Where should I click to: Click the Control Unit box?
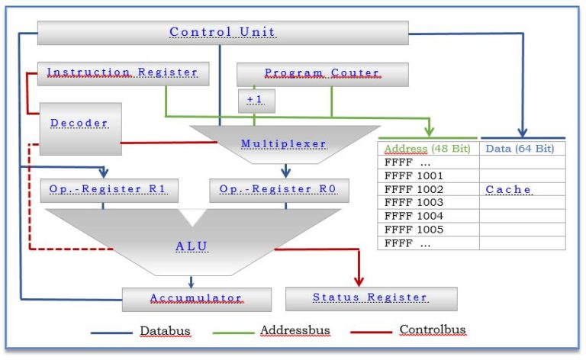pyautogui.click(x=223, y=33)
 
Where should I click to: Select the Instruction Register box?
pyautogui.click(x=124, y=74)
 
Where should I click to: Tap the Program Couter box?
pyautogui.click(x=323, y=75)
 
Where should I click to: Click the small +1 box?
pyautogui.click(x=256, y=101)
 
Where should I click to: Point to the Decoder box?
pyautogui.click(x=80, y=129)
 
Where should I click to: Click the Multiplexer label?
pyautogui.click(x=284, y=144)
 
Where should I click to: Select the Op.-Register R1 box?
pyautogui.click(x=109, y=191)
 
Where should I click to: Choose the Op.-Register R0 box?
pyautogui.click(x=279, y=191)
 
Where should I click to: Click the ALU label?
pyautogui.click(x=192, y=246)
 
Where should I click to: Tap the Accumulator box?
pyautogui.click(x=197, y=300)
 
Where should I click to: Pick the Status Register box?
pyautogui.click(x=371, y=299)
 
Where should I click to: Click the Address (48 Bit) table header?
pyautogui.click(x=428, y=149)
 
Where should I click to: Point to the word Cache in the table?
pyautogui.click(x=508, y=190)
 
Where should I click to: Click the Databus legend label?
pyautogui.click(x=165, y=331)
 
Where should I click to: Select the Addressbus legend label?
pyautogui.click(x=295, y=330)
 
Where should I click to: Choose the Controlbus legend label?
pyautogui.click(x=433, y=329)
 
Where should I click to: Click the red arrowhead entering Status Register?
pyautogui.click(x=359, y=281)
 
